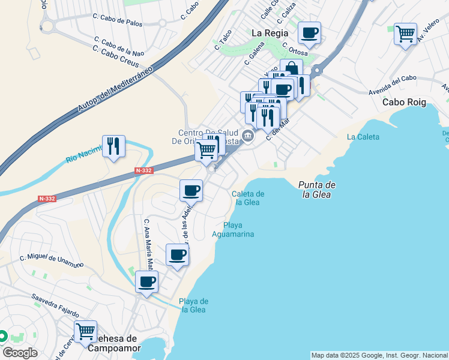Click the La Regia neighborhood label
tap(270, 33)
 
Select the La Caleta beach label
tap(363, 137)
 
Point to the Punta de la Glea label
tap(317, 190)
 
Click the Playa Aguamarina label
tap(234, 230)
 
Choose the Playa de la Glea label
tap(193, 305)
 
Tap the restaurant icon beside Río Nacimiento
tap(113, 146)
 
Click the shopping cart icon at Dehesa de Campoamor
tap(85, 331)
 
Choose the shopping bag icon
tap(291, 68)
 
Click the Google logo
tap(20, 353)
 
